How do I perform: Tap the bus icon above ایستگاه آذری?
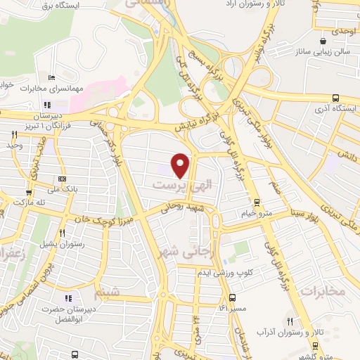point(337,98)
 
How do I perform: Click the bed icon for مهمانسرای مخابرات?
point(51,77)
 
